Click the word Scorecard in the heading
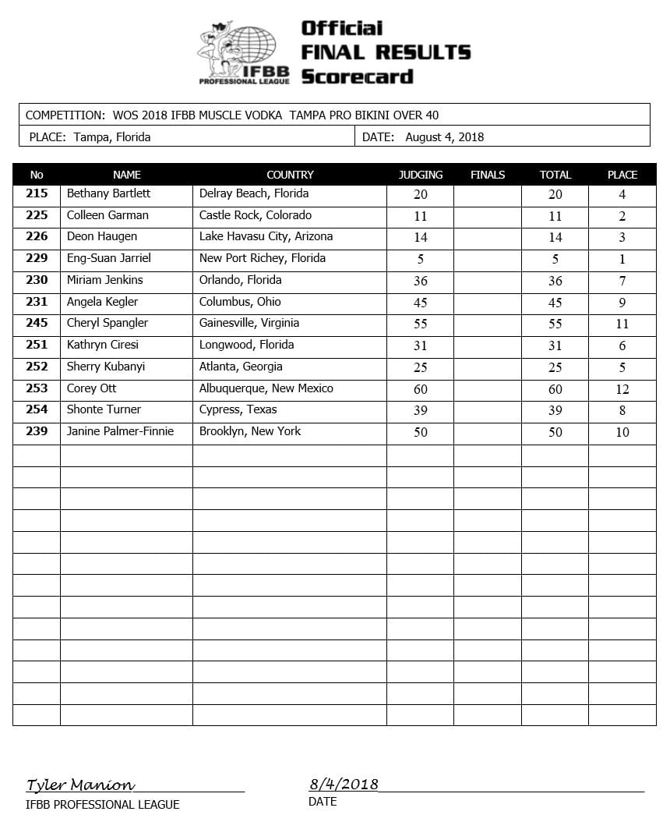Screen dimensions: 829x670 357,76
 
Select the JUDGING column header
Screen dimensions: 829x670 421,175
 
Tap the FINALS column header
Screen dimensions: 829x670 488,175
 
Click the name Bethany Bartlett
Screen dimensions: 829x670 108,193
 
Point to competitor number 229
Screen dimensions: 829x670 37,258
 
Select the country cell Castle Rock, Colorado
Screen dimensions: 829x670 256,215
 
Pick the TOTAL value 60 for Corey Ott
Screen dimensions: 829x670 555,388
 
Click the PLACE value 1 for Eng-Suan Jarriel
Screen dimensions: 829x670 622,259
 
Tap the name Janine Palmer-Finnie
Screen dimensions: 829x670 120,431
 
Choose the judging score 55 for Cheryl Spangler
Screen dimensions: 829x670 421,324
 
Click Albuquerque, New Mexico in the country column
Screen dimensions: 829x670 266,388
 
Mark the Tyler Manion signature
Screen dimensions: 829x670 80,785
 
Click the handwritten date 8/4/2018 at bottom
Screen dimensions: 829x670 344,784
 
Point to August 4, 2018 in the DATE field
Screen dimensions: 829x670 444,137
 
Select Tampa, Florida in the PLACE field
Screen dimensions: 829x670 112,137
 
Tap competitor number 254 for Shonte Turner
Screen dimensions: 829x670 37,409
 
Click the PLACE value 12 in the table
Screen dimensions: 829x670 622,389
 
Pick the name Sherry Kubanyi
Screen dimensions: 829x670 106,367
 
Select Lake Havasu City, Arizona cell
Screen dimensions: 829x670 266,236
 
